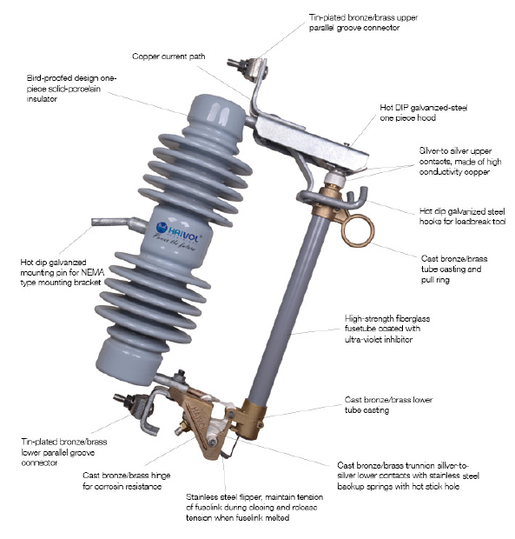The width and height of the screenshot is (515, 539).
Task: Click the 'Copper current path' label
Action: [x=168, y=57]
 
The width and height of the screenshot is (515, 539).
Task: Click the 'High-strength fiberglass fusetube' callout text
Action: [x=387, y=329]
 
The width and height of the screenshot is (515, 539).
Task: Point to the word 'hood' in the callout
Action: [x=426, y=118]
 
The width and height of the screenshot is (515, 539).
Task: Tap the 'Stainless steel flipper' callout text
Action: [x=254, y=507]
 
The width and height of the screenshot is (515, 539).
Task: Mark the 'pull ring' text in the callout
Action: [x=435, y=280]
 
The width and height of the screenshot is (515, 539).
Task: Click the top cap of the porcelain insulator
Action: [x=217, y=110]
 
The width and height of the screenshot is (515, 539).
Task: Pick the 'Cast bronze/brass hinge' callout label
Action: [x=126, y=481]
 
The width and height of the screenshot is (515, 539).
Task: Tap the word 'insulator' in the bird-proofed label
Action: [x=42, y=99]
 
